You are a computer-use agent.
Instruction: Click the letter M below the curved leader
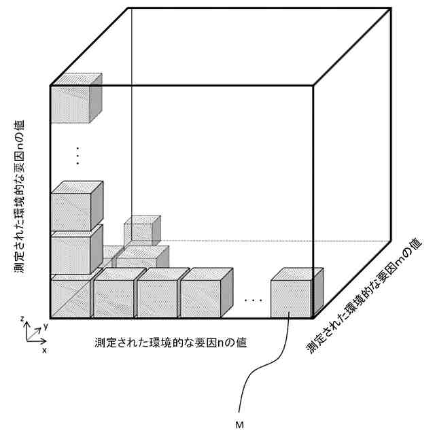point(239,425)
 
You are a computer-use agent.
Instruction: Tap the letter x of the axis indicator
point(44,351)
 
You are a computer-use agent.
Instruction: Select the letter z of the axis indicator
point(22,319)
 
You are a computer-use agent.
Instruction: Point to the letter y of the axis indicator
point(45,327)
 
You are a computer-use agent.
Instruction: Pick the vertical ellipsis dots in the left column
point(77,156)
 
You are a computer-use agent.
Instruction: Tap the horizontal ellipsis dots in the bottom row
point(253,299)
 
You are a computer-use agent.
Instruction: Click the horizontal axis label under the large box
point(170,342)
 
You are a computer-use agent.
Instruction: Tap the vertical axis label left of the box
point(21,197)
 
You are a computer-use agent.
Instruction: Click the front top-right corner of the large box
point(313,86)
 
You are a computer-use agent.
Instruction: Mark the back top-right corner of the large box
point(391,8)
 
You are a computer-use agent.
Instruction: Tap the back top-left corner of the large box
point(129,8)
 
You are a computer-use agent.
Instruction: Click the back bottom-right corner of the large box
point(391,240)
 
